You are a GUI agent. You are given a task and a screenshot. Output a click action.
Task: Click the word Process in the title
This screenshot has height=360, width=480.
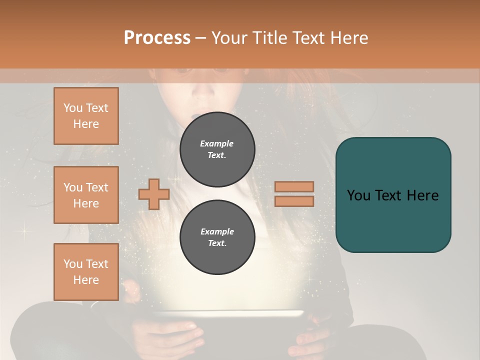tap(157, 38)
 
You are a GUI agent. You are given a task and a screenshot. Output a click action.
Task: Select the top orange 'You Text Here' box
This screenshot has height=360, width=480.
tap(86, 116)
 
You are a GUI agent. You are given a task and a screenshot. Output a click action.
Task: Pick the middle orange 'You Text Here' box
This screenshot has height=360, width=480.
tap(86, 195)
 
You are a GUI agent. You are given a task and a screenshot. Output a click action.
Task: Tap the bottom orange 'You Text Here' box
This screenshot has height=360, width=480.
tap(86, 272)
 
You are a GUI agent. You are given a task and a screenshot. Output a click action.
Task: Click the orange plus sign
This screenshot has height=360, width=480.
tap(154, 194)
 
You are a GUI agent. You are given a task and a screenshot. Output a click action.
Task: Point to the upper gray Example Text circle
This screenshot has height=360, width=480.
tap(217, 149)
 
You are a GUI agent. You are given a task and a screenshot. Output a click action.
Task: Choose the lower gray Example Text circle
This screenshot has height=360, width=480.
tap(217, 237)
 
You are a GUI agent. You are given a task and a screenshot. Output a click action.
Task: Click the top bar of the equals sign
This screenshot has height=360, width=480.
tap(294, 187)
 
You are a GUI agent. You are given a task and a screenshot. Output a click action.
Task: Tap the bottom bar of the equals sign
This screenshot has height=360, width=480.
tap(294, 201)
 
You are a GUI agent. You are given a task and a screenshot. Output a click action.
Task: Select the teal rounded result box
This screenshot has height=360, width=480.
tap(393, 195)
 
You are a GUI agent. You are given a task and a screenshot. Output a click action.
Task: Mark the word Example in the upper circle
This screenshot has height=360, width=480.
tap(217, 143)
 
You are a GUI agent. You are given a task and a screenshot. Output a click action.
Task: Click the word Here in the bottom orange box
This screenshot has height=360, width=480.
tap(86, 280)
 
